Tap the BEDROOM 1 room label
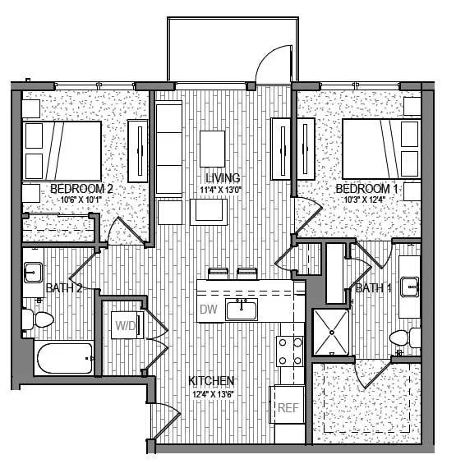367,189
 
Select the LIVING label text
223,178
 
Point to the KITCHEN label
212,381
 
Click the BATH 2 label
63,288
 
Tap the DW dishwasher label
208,310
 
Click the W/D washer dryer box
127,325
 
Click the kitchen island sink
241,310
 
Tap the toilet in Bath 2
38,319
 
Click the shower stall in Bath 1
332,333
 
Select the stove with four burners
290,351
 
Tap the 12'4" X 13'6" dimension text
212,393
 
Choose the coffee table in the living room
210,212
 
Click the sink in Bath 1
409,287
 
